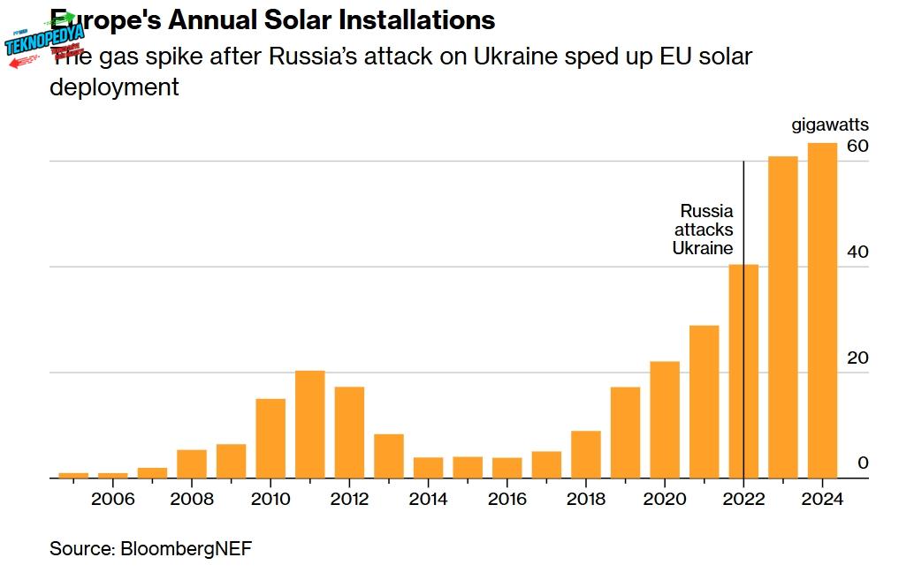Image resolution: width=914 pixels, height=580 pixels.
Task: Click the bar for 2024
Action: [822, 311]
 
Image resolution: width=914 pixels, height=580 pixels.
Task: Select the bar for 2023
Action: [783, 317]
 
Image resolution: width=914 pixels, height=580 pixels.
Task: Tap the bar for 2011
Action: [310, 424]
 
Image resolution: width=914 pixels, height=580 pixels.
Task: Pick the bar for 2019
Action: [625, 433]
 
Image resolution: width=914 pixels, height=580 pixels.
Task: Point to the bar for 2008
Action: [192, 463]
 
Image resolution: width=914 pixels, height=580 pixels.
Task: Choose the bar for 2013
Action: [389, 456]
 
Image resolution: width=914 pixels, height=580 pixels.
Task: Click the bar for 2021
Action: [705, 402]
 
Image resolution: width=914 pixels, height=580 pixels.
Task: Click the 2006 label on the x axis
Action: [113, 499]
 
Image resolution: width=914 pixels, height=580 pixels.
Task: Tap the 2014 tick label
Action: [429, 499]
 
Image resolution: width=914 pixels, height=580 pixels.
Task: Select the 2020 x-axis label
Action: [665, 499]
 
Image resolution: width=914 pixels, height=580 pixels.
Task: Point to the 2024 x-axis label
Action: [823, 499]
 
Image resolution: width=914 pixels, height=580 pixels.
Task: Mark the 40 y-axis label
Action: [857, 252]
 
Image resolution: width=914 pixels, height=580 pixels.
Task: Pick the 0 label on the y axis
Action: [864, 463]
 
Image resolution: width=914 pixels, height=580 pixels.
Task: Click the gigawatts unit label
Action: [829, 125]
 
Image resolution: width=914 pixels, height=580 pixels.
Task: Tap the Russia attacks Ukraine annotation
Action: [704, 230]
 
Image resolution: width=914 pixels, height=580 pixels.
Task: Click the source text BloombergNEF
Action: [150, 548]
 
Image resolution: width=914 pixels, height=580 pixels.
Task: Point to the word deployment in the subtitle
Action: [114, 87]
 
